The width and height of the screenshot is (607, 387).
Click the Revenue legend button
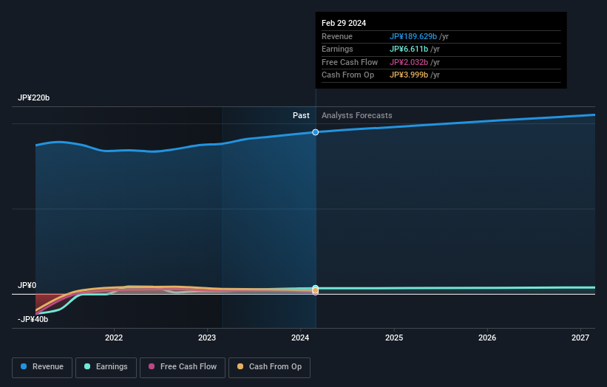click(41, 367)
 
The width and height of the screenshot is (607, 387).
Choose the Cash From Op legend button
click(269, 367)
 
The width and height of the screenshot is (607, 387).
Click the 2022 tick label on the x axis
click(114, 338)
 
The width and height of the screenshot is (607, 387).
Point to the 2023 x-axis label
click(207, 338)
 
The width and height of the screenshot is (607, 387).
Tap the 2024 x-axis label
click(300, 338)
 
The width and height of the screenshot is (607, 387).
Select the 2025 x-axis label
click(394, 338)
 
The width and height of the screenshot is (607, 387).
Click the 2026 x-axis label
click(487, 338)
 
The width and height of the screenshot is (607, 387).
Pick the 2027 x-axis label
click(580, 338)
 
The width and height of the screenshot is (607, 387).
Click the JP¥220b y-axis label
click(34, 98)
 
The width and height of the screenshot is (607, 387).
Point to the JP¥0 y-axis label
click(27, 285)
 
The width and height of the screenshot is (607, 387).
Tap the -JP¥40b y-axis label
click(33, 319)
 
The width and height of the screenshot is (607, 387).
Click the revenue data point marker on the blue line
click(316, 132)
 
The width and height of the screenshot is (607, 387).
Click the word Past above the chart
click(301, 116)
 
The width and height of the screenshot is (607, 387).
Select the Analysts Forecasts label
click(356, 116)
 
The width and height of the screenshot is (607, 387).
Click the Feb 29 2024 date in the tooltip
click(344, 24)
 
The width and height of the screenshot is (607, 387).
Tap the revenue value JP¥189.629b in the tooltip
click(413, 37)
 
